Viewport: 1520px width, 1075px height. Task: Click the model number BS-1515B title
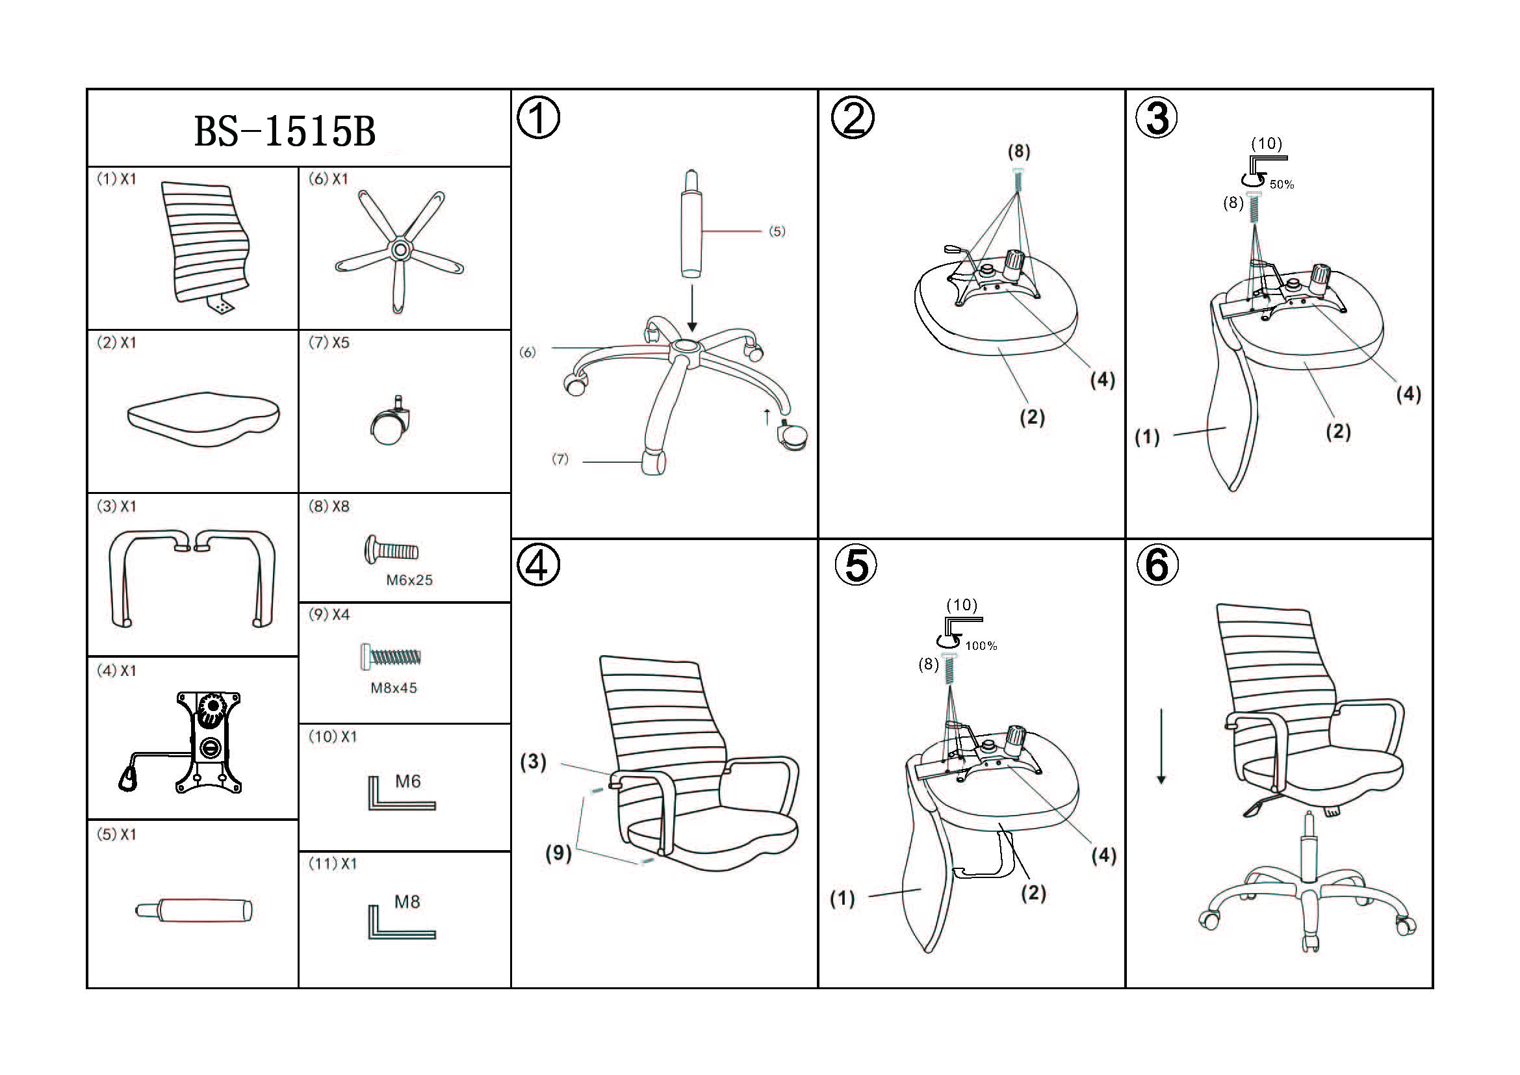pyautogui.click(x=285, y=131)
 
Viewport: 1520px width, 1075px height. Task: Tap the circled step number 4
pyautogui.click(x=538, y=566)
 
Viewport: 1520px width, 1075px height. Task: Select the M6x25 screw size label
pyautogui.click(x=409, y=580)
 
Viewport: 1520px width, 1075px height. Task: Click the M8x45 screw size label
pyautogui.click(x=394, y=688)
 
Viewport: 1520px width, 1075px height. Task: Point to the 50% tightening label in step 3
pyautogui.click(x=1282, y=185)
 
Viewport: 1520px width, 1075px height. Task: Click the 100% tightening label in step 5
pyautogui.click(x=981, y=645)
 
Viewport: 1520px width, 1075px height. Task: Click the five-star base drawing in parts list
pyautogui.click(x=400, y=251)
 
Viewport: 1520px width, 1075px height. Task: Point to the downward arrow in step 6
pyautogui.click(x=1161, y=747)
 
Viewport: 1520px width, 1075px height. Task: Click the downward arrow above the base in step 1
pyautogui.click(x=692, y=309)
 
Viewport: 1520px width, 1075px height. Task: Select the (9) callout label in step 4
pyautogui.click(x=558, y=853)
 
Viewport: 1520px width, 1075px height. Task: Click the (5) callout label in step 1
pyautogui.click(x=777, y=231)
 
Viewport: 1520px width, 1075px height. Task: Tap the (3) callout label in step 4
pyautogui.click(x=533, y=762)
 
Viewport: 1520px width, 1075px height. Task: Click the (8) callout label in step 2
pyautogui.click(x=1019, y=151)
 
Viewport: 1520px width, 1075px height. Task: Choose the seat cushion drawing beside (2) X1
pyautogui.click(x=203, y=419)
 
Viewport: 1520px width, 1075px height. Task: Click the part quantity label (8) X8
pyautogui.click(x=329, y=506)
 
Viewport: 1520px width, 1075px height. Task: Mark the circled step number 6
pyautogui.click(x=1157, y=566)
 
